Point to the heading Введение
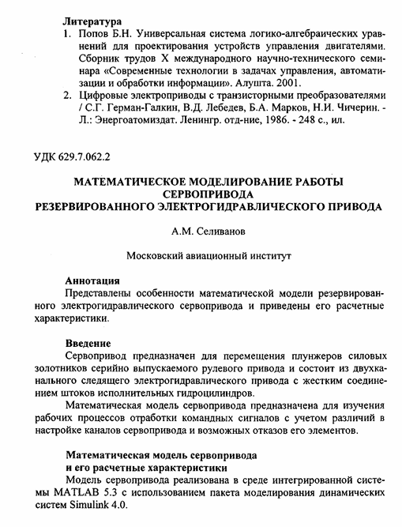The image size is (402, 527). [x=88, y=343]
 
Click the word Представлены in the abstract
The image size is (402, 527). [x=101, y=295]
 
